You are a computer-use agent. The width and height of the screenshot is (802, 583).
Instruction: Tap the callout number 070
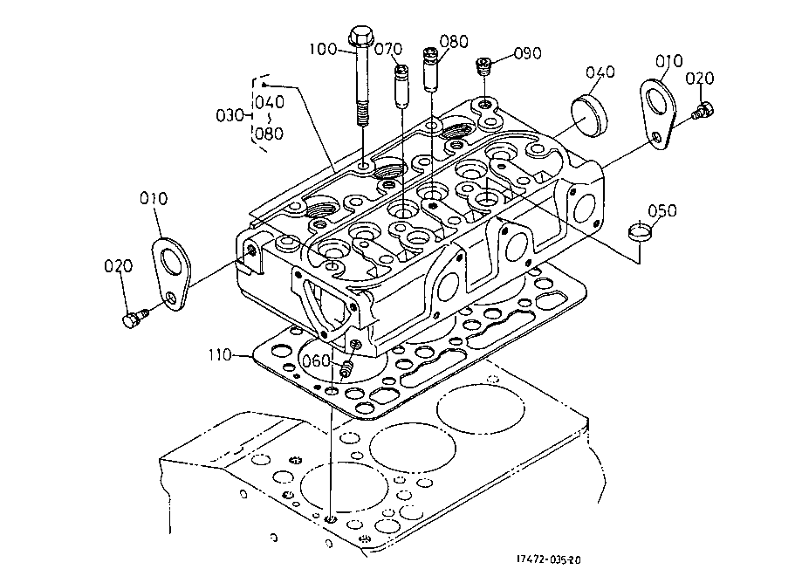(x=387, y=49)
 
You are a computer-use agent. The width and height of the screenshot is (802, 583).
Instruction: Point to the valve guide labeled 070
(x=401, y=86)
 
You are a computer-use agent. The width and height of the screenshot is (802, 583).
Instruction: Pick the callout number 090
(x=527, y=53)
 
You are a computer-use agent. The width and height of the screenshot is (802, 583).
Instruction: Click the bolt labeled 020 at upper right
(x=703, y=111)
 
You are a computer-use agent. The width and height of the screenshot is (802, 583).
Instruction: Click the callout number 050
(x=662, y=211)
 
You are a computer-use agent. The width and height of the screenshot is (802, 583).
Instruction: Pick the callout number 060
(x=315, y=360)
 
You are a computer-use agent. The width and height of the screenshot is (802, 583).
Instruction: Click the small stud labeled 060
(x=347, y=369)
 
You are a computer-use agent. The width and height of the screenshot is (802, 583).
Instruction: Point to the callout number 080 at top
(x=454, y=41)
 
